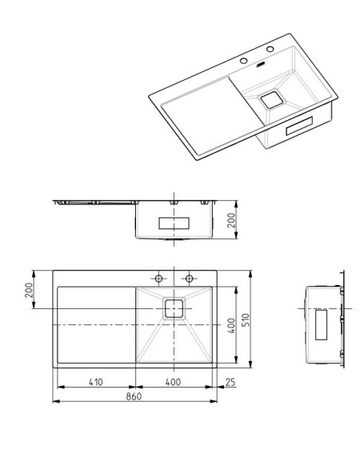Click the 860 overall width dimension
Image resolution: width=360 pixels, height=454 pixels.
[x=134, y=396]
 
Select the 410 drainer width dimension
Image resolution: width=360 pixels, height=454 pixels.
[x=96, y=382]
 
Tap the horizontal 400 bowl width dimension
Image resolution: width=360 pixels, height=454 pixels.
[x=174, y=382]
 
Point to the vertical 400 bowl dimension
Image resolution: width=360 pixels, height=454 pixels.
[x=231, y=325]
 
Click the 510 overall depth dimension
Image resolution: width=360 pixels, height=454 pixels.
[x=246, y=319]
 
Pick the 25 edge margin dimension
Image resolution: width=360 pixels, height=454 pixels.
[x=230, y=382]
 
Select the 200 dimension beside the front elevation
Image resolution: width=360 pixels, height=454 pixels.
[x=231, y=220]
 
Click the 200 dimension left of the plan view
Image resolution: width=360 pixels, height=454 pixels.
[x=29, y=290]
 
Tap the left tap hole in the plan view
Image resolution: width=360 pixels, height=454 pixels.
[x=158, y=279]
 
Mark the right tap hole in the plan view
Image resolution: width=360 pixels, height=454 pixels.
[x=189, y=279]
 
